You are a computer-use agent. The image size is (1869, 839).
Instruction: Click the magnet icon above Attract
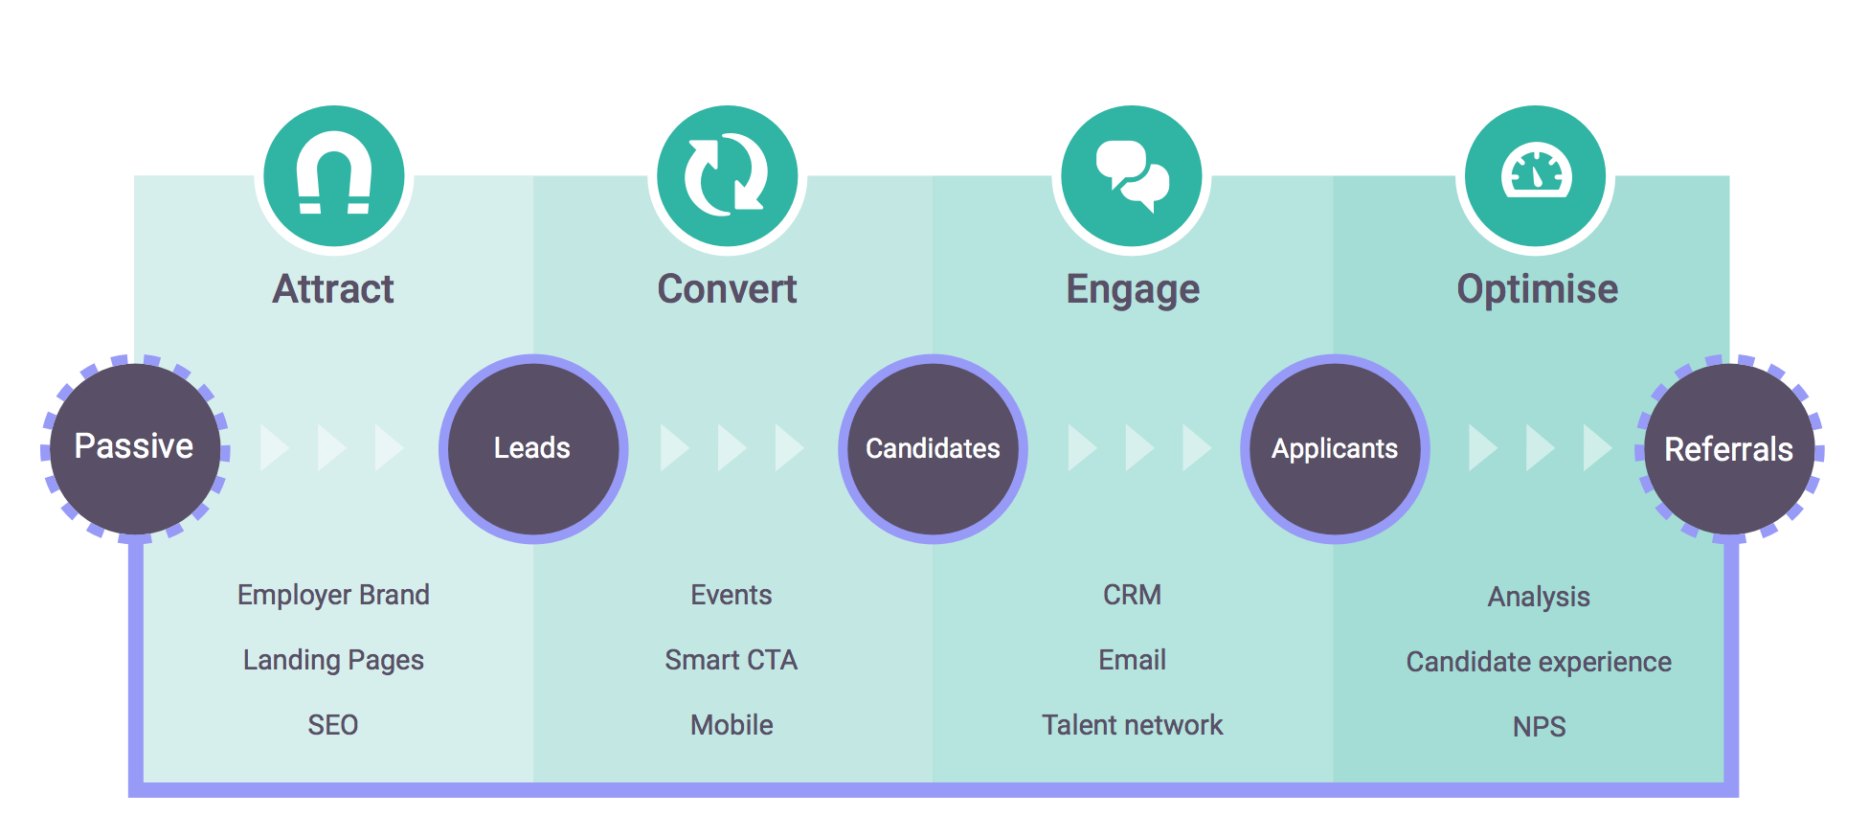pos(334,175)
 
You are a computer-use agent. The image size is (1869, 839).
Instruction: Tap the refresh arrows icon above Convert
pos(727,175)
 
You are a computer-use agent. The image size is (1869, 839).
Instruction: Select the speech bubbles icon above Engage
pos(1132,175)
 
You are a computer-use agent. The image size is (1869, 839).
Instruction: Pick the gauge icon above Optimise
pos(1536,175)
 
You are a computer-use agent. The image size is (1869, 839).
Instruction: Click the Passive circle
pos(135,447)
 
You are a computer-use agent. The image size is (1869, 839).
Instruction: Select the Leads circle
pos(533,448)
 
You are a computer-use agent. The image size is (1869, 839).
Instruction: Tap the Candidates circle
pos(934,448)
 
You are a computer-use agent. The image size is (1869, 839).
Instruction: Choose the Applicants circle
pos(1335,448)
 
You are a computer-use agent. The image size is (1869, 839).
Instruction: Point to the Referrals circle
pos(1729,449)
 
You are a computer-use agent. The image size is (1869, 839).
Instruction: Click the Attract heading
pos(333,289)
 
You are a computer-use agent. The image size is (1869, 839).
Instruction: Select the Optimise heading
pos(1537,289)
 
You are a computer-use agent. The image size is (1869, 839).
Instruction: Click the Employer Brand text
pos(333,595)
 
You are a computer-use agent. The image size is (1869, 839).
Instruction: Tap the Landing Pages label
pos(333,660)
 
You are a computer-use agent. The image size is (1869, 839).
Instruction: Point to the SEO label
pos(333,725)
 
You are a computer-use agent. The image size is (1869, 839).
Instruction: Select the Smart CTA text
pos(732,660)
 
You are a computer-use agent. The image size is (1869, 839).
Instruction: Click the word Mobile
pos(732,725)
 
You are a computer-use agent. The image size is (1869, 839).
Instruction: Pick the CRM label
pos(1132,595)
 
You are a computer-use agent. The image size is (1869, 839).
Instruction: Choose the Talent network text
pos(1132,725)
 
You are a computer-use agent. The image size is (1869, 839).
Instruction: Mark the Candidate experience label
pos(1539,662)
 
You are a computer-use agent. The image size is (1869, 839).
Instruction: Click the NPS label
pos(1539,727)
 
